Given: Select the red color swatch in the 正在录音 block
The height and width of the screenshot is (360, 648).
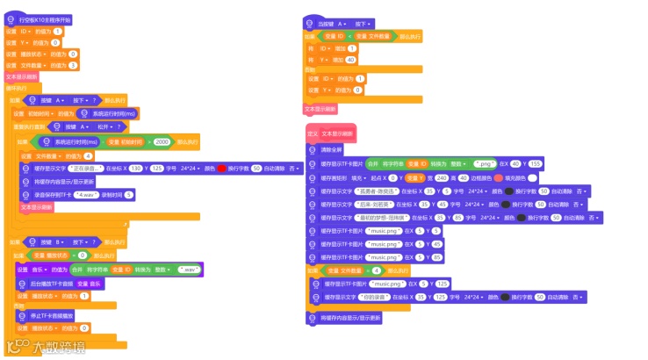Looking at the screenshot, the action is (x=221, y=168).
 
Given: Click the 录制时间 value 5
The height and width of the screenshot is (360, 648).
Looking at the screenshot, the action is (x=128, y=194).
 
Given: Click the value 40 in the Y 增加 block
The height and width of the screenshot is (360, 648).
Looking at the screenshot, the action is (x=350, y=59).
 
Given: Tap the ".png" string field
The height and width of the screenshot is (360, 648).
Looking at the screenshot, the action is (x=483, y=163).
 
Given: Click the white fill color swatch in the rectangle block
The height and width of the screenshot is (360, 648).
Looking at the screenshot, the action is (x=533, y=177).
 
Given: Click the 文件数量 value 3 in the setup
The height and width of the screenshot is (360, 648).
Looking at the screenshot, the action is (x=73, y=65).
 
